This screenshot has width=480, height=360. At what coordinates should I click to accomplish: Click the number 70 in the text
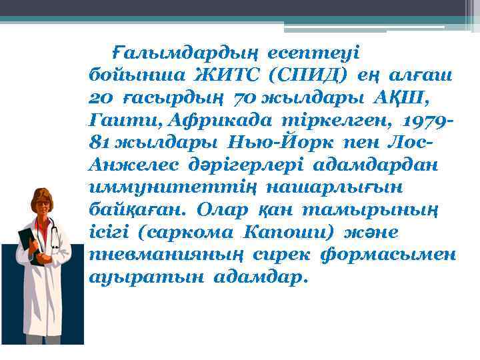242,98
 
